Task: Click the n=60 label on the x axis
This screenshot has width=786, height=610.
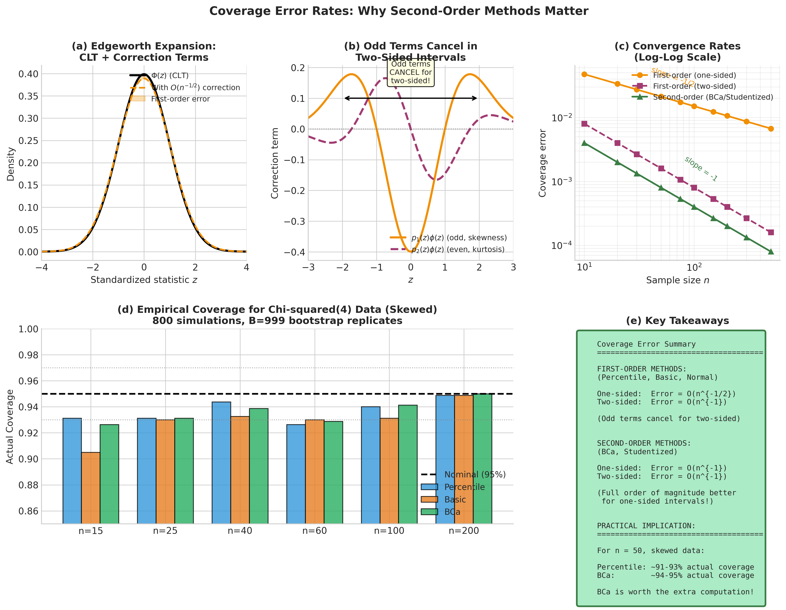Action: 315,531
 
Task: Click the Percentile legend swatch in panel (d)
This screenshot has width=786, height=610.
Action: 429,487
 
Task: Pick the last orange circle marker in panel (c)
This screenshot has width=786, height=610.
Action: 771,129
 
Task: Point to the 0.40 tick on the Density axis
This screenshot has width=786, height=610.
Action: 28,74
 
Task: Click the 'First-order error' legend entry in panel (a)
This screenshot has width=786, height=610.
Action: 180,99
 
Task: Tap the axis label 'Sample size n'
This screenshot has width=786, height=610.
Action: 677,280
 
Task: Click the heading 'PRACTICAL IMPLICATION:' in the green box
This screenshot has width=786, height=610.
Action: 646,526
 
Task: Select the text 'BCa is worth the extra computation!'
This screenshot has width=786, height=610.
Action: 675,592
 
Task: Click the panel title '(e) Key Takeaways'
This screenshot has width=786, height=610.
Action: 677,321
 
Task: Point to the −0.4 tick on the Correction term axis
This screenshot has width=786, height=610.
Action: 294,252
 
